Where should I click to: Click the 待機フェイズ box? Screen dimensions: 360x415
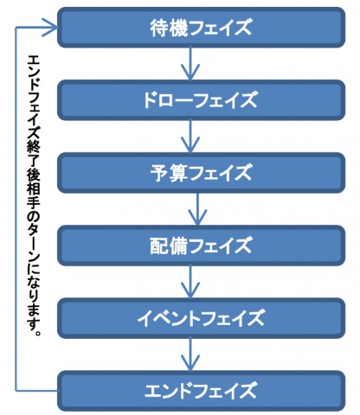click(x=201, y=28)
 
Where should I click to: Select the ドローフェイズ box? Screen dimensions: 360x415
click(x=201, y=100)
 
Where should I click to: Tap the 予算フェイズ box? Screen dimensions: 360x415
click(x=201, y=173)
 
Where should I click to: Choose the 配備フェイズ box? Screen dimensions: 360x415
click(x=201, y=246)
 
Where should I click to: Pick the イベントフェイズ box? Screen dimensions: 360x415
click(x=201, y=318)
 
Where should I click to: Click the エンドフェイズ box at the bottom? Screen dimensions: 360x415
click(x=201, y=391)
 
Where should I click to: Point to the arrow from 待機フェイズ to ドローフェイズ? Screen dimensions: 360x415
click(x=190, y=64)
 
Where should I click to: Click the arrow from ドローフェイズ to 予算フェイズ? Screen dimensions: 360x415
click(x=190, y=137)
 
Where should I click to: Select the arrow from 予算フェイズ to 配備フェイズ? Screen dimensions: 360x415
click(x=197, y=209)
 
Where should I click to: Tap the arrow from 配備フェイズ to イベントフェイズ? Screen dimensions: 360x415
click(x=190, y=282)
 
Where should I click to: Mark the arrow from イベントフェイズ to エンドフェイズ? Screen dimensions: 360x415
click(x=190, y=354)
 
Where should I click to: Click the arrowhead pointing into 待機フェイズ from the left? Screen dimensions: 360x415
click(x=49, y=28)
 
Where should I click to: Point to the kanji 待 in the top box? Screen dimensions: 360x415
click(x=159, y=28)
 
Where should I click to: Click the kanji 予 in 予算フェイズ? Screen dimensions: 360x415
click(x=159, y=173)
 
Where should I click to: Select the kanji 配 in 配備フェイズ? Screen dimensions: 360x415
click(x=159, y=246)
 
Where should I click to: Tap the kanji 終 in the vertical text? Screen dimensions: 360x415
click(x=34, y=148)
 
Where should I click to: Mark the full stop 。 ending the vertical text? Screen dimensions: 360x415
click(x=37, y=332)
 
